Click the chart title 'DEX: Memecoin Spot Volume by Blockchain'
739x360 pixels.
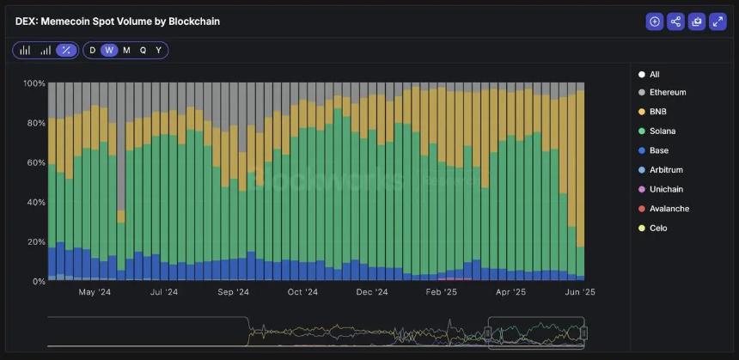(118, 21)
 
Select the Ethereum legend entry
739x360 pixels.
(667, 93)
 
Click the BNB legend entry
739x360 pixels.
(658, 112)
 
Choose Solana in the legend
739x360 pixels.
(662, 131)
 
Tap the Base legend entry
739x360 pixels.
(659, 150)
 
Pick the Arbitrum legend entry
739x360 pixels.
(665, 170)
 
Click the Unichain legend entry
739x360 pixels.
(666, 189)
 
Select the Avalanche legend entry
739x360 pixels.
(669, 209)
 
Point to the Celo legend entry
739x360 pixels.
(658, 229)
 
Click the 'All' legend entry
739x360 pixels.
(654, 75)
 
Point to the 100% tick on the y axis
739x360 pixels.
(34, 83)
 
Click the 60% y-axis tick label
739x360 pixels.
(35, 162)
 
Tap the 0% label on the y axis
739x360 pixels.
(38, 281)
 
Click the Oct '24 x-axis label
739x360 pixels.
(302, 292)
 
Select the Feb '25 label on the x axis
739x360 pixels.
(441, 292)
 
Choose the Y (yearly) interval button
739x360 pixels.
(158, 50)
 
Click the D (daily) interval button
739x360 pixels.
(93, 50)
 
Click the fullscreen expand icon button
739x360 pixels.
(718, 21)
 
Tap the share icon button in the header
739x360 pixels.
(675, 21)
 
